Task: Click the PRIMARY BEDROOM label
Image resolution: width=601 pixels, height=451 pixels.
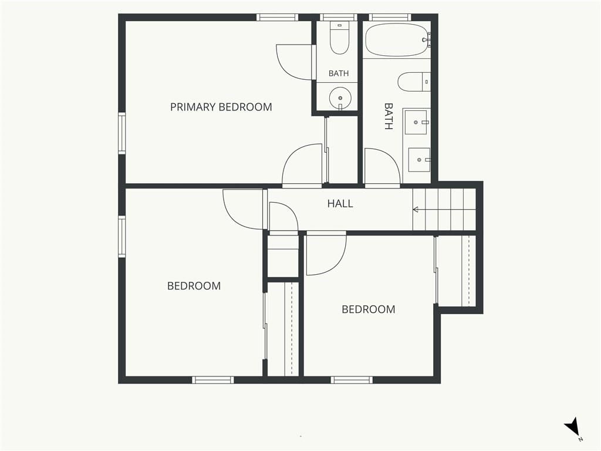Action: pos(221,107)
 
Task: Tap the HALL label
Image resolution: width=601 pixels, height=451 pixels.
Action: pos(340,204)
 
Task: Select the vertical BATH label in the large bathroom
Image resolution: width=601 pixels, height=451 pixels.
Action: pos(389,116)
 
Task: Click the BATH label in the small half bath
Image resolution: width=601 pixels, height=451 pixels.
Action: pos(339,73)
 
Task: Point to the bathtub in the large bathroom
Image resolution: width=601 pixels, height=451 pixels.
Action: pos(396,40)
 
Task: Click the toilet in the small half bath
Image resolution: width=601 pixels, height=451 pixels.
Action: pos(339,38)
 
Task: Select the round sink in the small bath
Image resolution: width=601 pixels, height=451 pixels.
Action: pos(340,98)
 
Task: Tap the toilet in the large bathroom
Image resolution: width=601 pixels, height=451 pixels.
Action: pos(414,82)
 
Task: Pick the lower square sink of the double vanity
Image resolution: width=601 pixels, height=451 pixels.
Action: pos(419,160)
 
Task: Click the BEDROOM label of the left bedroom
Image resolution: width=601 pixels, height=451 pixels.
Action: pos(194,286)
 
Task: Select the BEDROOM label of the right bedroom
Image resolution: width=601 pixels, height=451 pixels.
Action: pos(369,309)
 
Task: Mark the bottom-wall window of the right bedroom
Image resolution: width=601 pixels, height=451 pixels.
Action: pos(352,380)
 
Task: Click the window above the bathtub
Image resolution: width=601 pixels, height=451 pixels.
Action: pos(390,17)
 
